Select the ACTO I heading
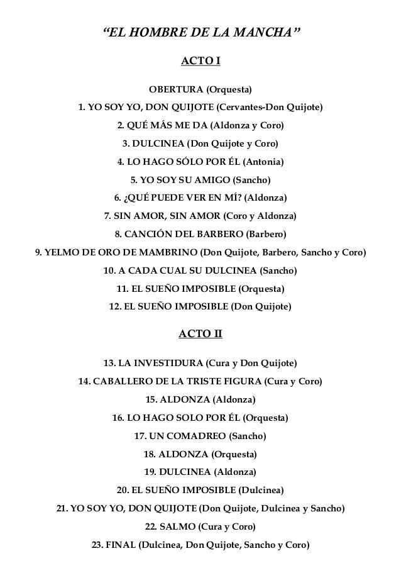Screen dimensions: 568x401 tap(200, 61)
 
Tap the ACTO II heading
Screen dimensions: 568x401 tap(200, 333)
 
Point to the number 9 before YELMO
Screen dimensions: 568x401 tap(39, 253)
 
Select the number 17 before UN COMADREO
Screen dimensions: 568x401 tap(141, 435)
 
